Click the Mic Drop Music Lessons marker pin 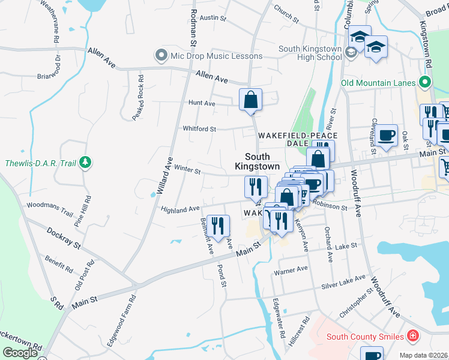(161, 56)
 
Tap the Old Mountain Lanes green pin (426, 82)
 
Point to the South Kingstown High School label (310, 53)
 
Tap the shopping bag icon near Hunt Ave (251, 100)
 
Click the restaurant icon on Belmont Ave (218, 226)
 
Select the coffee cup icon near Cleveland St (387, 135)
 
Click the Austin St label (212, 18)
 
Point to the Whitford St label (199, 128)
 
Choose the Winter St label (187, 170)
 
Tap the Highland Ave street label (180, 209)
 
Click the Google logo (20, 353)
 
